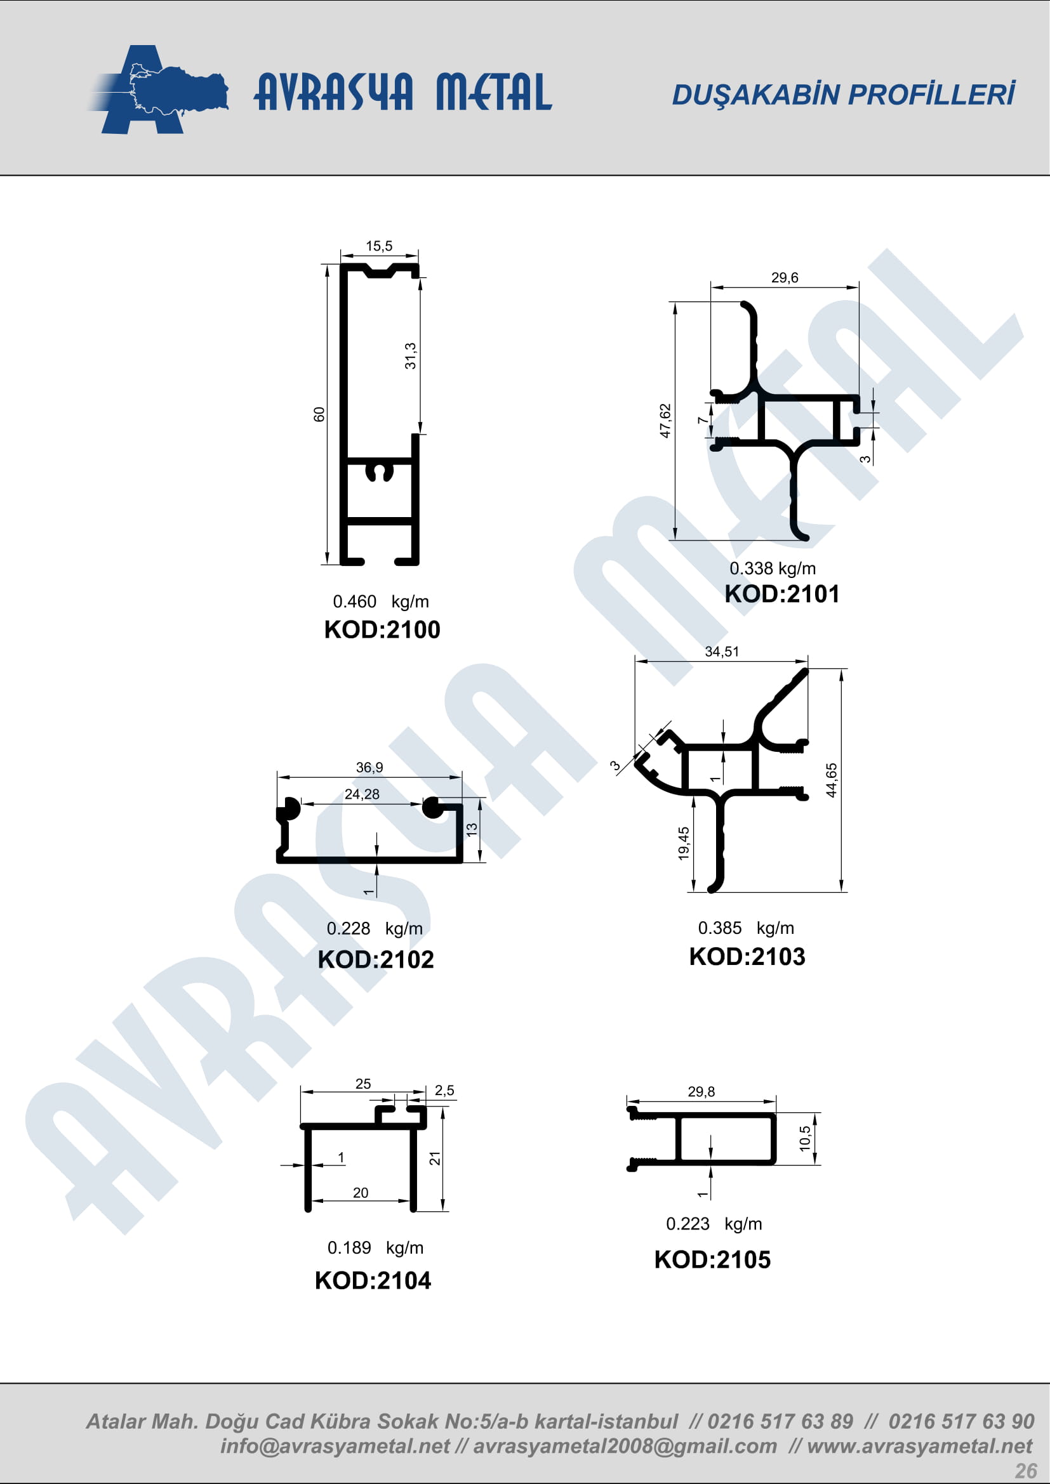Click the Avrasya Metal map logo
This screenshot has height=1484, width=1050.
159,89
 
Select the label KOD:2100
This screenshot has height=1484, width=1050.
382,629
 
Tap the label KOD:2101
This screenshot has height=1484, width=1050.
781,594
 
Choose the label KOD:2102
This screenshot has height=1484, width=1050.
376,959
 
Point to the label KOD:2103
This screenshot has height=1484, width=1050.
747,957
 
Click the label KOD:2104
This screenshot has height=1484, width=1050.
373,1280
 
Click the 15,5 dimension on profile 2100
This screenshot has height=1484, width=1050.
379,246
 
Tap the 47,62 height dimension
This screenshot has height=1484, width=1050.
665,421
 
